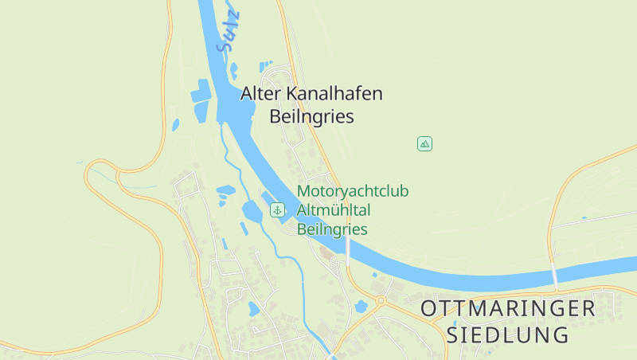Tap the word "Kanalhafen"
pos(334,94)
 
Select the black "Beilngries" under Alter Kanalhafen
pos(312,117)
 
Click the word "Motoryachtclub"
pos(353,191)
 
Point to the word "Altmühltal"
pos(334,210)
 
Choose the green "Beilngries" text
pos(332,229)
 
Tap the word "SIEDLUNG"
pos(509,335)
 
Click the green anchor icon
pos(277,210)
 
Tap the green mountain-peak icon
pos(425,144)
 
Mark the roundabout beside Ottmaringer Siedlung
pos(381,301)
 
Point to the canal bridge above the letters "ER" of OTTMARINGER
pos(554,274)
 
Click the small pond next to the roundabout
pos(361,306)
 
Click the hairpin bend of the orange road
pos(89,183)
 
